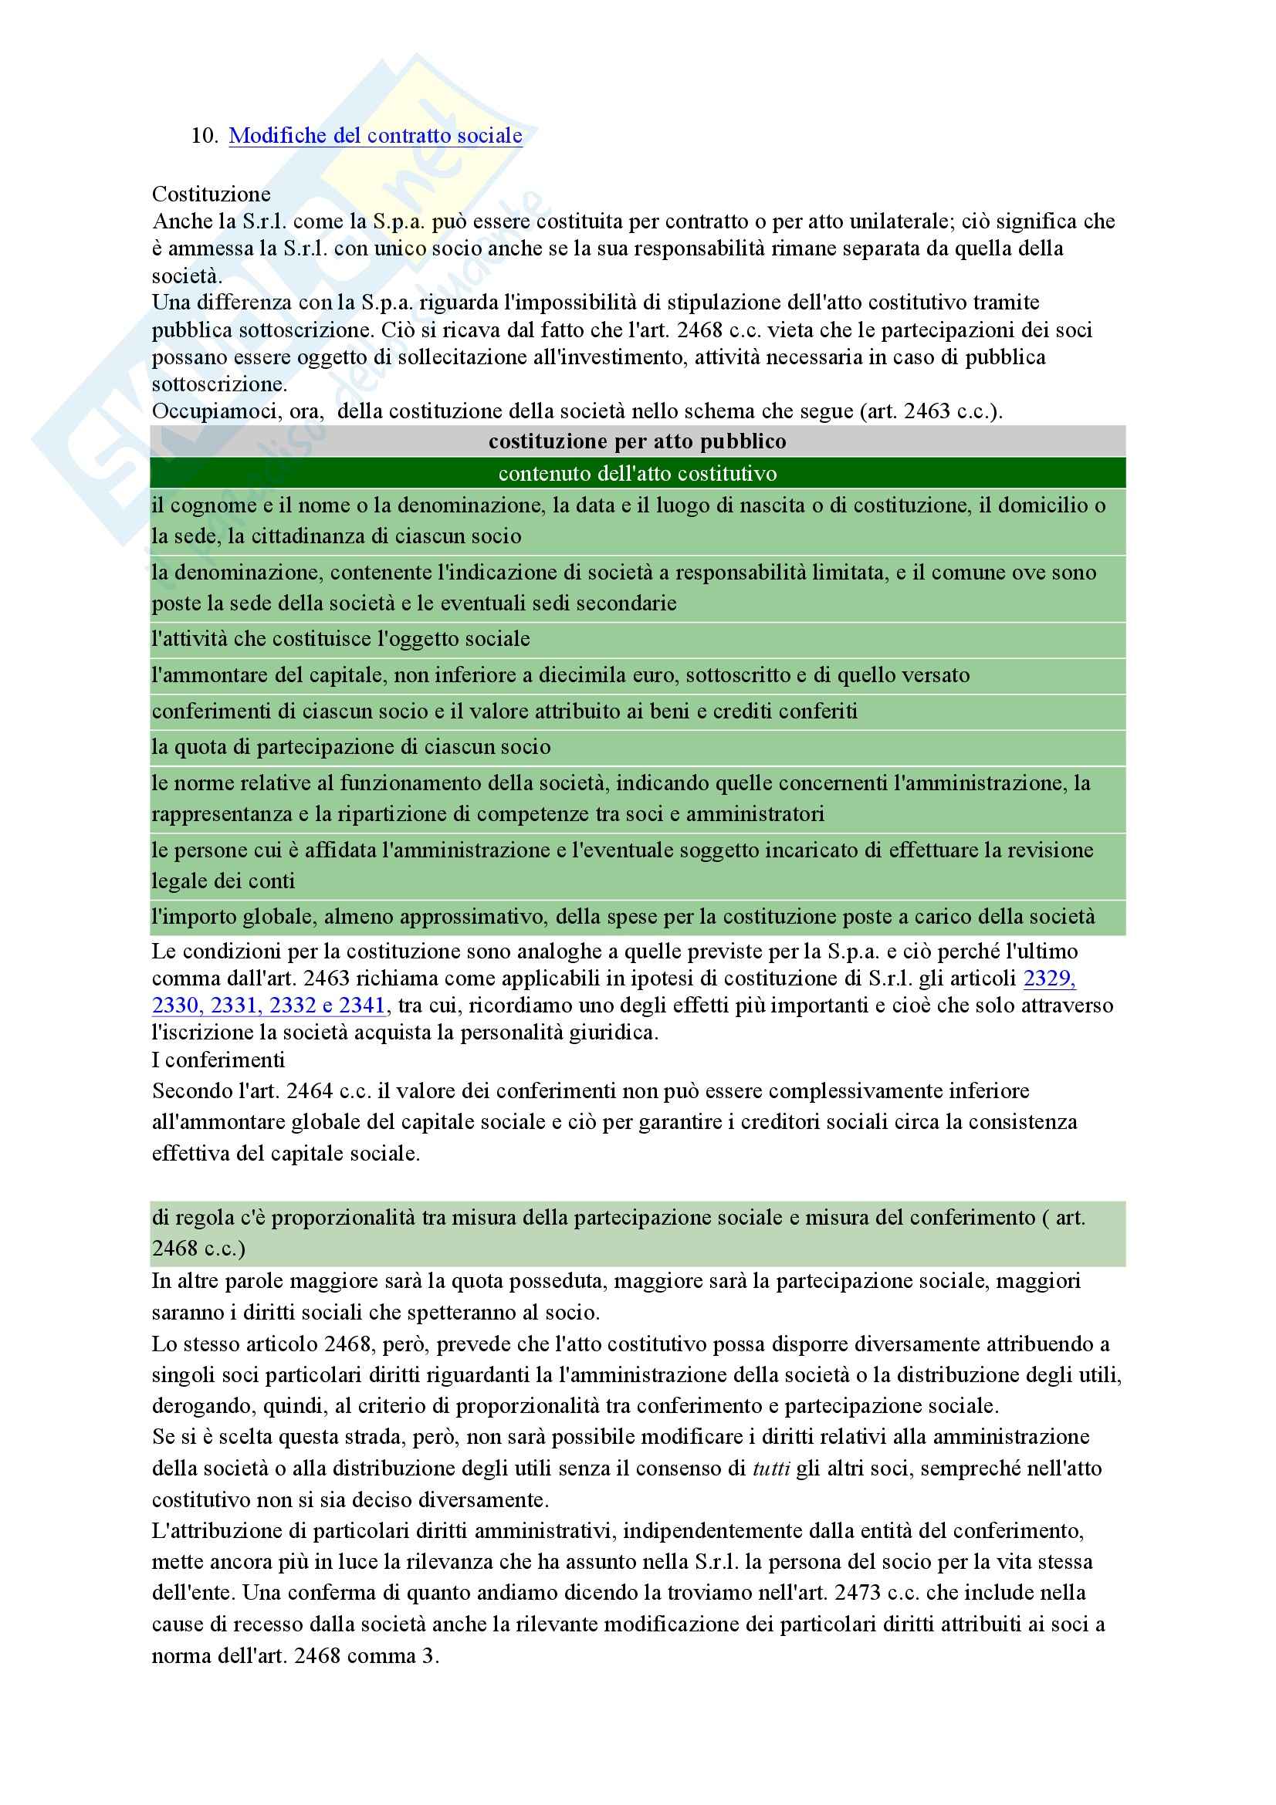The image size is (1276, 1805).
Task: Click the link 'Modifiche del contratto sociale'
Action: pos(375,136)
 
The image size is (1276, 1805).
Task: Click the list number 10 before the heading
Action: pos(203,136)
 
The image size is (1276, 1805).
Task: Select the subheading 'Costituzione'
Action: pos(211,194)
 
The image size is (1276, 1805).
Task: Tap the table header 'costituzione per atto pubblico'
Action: pos(637,442)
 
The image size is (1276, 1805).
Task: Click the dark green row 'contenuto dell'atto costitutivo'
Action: pos(637,473)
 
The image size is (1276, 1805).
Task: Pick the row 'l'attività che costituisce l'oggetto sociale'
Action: pos(340,639)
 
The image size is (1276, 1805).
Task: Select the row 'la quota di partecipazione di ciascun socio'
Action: pos(350,747)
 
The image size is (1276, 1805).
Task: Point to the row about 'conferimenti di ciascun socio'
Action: pos(504,712)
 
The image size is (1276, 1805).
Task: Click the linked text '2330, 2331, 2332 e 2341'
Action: pos(268,1006)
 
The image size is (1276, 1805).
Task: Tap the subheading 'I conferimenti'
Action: pos(218,1060)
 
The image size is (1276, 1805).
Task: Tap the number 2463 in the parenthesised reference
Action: pos(927,411)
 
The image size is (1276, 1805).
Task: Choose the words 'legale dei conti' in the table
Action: pos(223,881)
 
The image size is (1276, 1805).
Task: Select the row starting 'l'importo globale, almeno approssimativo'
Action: pos(623,917)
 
